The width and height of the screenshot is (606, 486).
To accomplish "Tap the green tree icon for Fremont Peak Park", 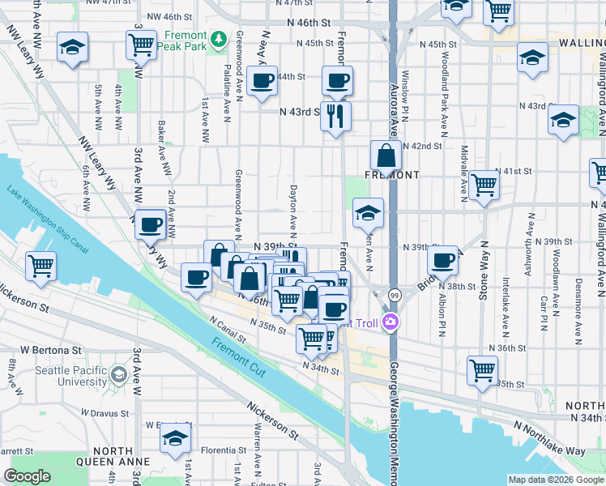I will click(217, 38).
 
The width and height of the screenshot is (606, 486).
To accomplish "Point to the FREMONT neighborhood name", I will click(391, 175).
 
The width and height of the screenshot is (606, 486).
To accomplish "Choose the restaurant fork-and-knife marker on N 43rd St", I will click(335, 115).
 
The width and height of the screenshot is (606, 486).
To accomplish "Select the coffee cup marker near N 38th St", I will click(443, 259).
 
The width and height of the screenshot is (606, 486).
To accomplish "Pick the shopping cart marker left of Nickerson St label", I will click(41, 265).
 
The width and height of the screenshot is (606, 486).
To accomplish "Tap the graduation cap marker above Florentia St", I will click(175, 437).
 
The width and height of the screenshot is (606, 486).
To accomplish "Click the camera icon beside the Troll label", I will click(390, 323).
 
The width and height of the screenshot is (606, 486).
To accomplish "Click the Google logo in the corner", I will click(28, 476).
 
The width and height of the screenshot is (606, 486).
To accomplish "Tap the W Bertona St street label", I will click(52, 350).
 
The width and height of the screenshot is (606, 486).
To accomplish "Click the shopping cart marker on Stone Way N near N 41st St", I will click(484, 184).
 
